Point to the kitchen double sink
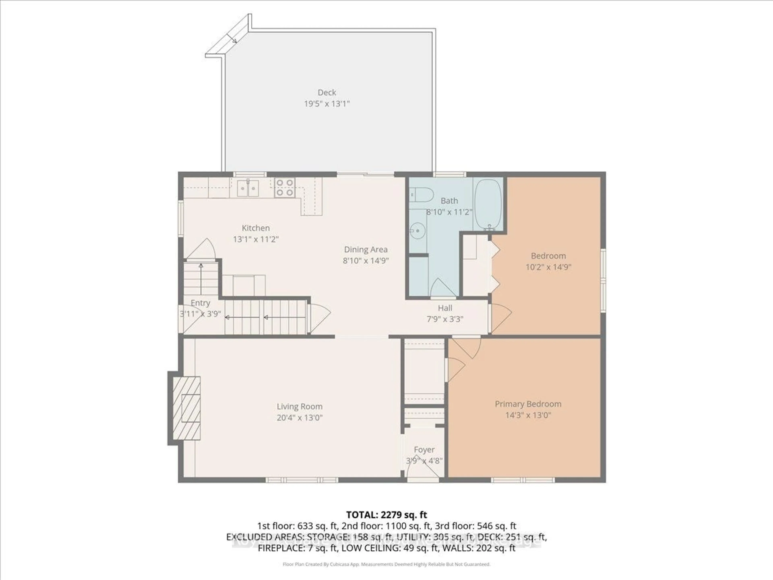point(248,188)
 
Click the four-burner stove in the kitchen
point(284,187)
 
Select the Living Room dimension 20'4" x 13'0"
point(300,417)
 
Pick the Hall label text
point(445,308)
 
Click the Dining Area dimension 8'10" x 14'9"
point(366,260)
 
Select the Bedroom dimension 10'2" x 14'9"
point(548,267)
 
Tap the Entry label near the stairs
point(200,303)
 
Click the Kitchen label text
point(256,228)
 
